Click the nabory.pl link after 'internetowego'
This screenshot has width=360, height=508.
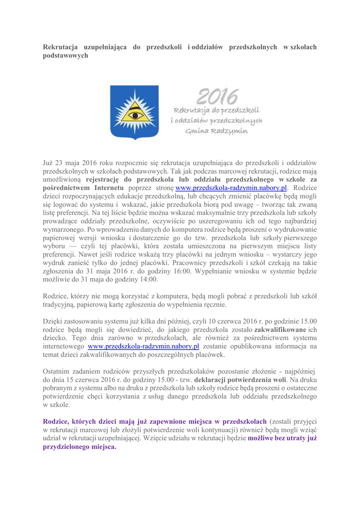coord(144,346)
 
